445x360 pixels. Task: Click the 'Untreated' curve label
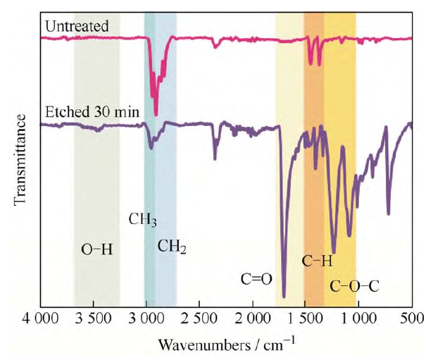click(76, 27)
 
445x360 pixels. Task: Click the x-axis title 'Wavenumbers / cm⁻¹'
click(227, 345)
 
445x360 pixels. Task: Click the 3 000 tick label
click(146, 322)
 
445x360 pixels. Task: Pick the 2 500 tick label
click(199, 322)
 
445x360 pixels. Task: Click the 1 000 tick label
click(358, 322)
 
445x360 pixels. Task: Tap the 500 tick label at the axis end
click(411, 322)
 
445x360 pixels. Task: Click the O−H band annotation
click(97, 249)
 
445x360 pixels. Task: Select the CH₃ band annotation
click(142, 219)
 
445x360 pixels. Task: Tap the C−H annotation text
click(317, 262)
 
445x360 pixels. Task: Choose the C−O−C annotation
click(355, 286)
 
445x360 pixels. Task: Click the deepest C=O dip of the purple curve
click(284, 296)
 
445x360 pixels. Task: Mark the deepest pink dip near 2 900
click(156, 113)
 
